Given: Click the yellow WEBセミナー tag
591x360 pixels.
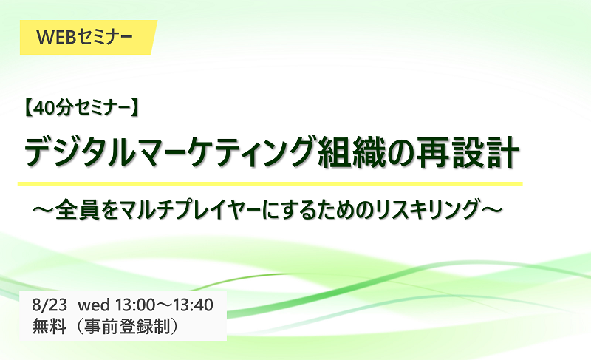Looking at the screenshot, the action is [x=88, y=37].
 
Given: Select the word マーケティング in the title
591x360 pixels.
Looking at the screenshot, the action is [x=222, y=152].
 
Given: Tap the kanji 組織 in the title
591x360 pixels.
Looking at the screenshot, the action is [x=352, y=152].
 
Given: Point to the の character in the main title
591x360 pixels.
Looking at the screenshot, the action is [x=401, y=153].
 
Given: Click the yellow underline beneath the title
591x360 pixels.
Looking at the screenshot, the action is [x=270, y=183].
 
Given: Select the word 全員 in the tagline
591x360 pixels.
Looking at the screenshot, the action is [x=78, y=209].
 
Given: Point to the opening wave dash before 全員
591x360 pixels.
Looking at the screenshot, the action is [x=44, y=209].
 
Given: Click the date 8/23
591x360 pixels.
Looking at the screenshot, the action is [x=49, y=305].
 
